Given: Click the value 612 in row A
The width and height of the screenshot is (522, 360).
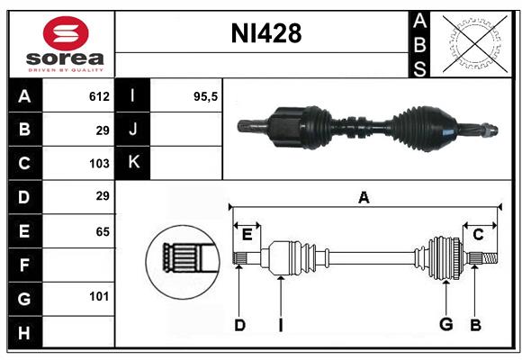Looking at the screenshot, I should [x=99, y=96].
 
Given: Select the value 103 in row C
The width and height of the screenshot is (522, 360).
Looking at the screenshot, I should [x=99, y=163].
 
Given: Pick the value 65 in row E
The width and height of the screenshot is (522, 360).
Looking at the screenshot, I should [x=102, y=231].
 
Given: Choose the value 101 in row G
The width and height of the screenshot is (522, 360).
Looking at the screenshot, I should [x=99, y=296].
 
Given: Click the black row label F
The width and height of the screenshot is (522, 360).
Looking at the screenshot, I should [x=24, y=265].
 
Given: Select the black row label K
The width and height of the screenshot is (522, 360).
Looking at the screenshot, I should [x=133, y=163].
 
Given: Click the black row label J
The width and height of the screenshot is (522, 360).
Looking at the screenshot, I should [x=133, y=130].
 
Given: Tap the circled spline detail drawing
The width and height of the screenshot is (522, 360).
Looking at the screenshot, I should [x=183, y=258].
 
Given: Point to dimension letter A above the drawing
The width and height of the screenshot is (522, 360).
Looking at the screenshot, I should [x=364, y=197].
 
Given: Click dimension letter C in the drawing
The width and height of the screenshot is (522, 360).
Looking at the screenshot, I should [x=479, y=234].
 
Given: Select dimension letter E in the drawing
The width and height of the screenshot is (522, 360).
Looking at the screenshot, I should [x=247, y=234].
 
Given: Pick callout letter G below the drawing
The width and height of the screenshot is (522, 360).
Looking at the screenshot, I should [x=445, y=325].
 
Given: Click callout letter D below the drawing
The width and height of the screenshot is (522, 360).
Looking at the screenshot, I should [x=239, y=325].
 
